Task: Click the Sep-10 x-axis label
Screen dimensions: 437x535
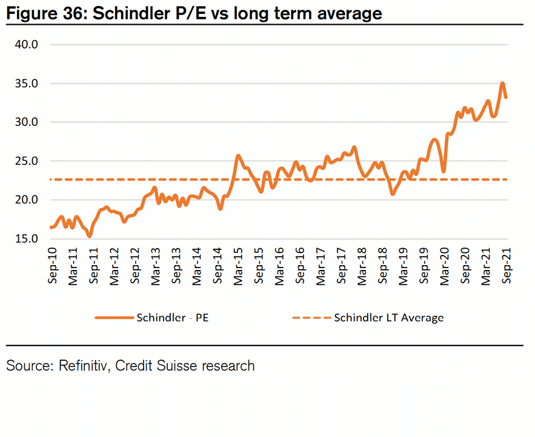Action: (52, 265)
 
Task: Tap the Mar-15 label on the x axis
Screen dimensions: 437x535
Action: (238, 265)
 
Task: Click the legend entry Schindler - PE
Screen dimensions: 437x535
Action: (173, 317)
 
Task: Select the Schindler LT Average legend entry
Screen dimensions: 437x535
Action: (388, 317)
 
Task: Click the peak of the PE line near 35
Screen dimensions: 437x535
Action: (502, 83)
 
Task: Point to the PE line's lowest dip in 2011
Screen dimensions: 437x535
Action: (90, 236)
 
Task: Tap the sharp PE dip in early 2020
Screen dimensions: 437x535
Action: (444, 172)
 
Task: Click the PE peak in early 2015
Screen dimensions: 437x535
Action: (238, 156)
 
